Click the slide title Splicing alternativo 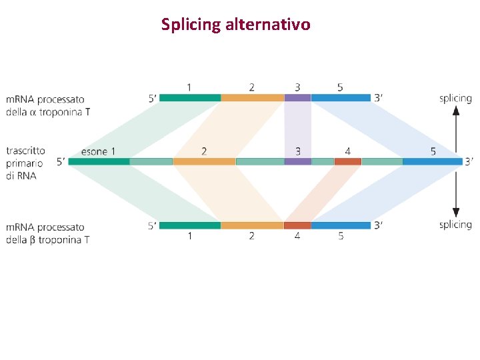(x=235, y=25)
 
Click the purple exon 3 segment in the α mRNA (x=297, y=98)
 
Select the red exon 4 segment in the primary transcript (x=347, y=161)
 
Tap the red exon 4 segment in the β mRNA (x=297, y=225)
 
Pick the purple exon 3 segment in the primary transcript (x=297, y=161)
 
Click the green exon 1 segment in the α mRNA (x=190, y=98)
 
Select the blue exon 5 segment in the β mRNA (x=341, y=225)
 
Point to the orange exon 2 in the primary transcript (x=204, y=161)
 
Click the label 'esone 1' (x=98, y=152)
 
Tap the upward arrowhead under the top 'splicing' (x=456, y=111)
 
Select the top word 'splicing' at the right (x=455, y=99)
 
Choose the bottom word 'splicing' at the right (x=455, y=225)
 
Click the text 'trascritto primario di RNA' (x=25, y=163)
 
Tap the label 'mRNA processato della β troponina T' (x=47, y=233)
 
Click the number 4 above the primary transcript (x=347, y=152)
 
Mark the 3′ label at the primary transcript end (x=469, y=161)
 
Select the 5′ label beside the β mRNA (x=153, y=225)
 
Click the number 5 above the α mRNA (x=340, y=87)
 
